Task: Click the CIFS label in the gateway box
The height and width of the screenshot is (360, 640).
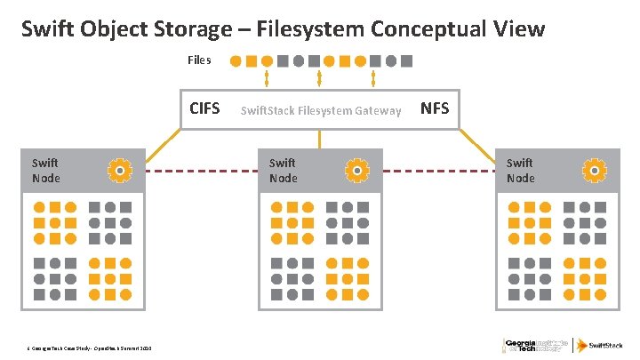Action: (x=204, y=109)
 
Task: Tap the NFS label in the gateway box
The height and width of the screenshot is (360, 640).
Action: (x=435, y=108)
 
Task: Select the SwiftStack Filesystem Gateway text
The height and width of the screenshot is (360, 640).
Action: (x=320, y=110)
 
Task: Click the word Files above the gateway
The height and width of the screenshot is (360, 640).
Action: (x=199, y=60)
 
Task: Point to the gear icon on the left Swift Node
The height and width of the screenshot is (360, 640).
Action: (x=118, y=169)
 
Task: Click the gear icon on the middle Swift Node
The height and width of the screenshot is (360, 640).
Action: (x=356, y=169)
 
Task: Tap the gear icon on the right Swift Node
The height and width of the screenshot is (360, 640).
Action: (x=593, y=169)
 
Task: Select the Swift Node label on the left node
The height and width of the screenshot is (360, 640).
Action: (x=44, y=170)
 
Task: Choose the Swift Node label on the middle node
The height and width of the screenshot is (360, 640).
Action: (x=283, y=170)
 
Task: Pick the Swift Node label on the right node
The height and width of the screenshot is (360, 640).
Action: (x=520, y=170)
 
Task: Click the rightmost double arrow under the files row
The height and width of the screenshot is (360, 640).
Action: (x=372, y=78)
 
